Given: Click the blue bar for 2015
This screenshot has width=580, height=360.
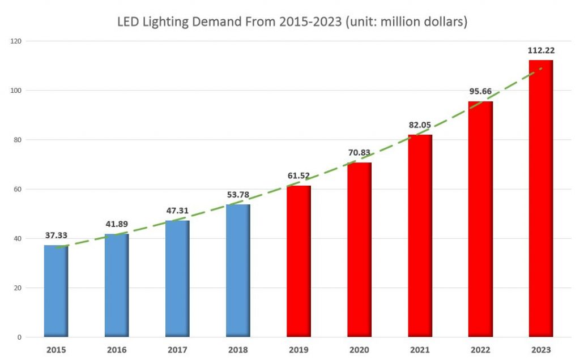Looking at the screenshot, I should tap(56, 291).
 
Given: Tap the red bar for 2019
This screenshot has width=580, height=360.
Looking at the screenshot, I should tap(298, 261).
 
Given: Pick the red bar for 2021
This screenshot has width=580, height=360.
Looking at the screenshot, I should tap(420, 235).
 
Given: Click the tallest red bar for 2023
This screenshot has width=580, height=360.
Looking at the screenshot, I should tap(541, 198).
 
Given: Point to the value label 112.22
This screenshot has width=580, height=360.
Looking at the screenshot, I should tap(541, 51).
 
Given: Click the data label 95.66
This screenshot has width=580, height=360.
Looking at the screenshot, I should tap(480, 92).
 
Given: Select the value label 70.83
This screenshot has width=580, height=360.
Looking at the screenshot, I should tap(359, 153).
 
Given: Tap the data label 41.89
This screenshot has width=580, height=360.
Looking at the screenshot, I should tap(117, 224).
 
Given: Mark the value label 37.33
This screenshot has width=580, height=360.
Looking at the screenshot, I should tap(56, 235).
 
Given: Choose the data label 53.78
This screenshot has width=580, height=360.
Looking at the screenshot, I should tap(238, 195).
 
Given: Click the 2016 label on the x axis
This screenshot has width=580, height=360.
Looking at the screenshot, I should tap(117, 350).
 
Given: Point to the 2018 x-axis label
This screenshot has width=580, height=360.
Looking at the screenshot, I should tap(238, 350).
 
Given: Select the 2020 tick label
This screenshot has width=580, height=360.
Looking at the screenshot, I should tap(359, 350).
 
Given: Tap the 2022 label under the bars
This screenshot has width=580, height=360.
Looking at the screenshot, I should tap(480, 350).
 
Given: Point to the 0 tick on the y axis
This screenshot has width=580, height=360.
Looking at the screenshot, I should tap(20, 337).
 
